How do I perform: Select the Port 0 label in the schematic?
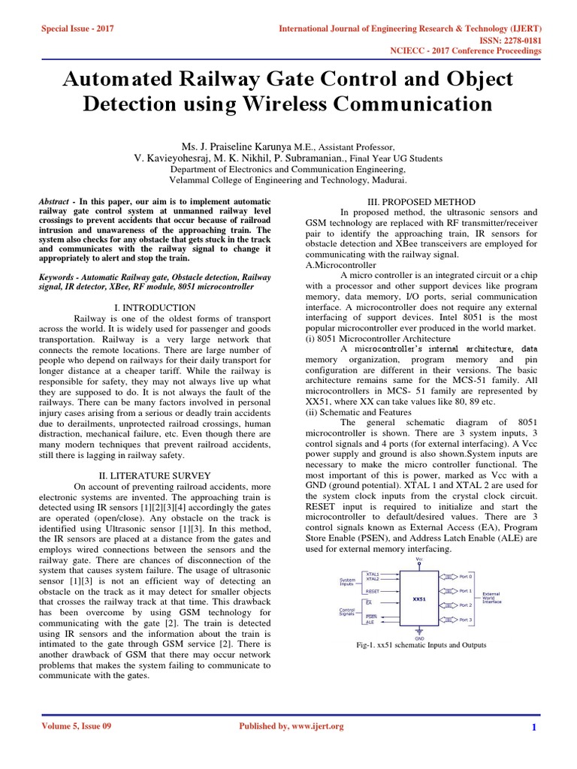[466, 577]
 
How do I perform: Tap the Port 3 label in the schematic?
[466, 620]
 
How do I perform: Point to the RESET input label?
[373, 591]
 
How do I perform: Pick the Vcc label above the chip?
[419, 559]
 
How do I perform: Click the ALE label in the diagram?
[370, 623]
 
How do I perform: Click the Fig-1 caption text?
[421, 646]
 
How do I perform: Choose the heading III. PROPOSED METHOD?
[421, 202]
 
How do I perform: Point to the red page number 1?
[533, 727]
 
